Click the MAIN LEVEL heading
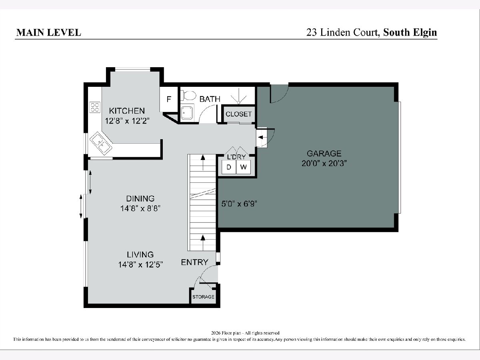(x=48, y=32)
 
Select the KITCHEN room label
(x=127, y=111)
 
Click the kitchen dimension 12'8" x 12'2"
(x=127, y=121)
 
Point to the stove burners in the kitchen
(x=95, y=107)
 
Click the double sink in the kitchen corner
(x=101, y=143)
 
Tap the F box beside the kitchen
(x=169, y=99)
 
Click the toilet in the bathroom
(x=188, y=96)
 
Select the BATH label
(x=210, y=99)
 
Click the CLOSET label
(x=238, y=114)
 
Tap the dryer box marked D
(x=229, y=167)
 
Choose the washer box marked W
(x=243, y=167)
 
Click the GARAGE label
(x=324, y=154)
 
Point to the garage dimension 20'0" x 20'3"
(x=324, y=163)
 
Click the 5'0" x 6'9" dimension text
(x=239, y=204)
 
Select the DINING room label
(x=140, y=198)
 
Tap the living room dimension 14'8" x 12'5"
(x=140, y=265)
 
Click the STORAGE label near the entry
(x=203, y=297)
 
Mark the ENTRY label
(x=194, y=262)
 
